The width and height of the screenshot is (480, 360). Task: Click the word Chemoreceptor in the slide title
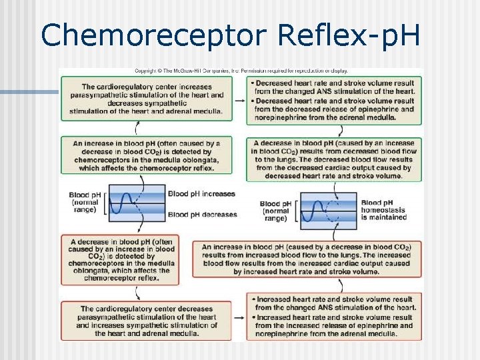pyautogui.click(x=135, y=35)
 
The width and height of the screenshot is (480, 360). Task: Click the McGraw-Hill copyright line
pyautogui.click(x=241, y=71)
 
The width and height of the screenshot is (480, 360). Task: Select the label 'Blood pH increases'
pyautogui.click(x=201, y=194)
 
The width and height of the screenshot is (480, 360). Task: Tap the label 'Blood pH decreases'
pyautogui.click(x=202, y=215)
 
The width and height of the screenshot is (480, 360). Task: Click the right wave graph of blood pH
pyautogui.click(x=329, y=207)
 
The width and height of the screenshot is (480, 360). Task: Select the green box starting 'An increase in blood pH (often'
pyautogui.click(x=147, y=155)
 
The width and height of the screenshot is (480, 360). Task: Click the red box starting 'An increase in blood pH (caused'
pyautogui.click(x=307, y=259)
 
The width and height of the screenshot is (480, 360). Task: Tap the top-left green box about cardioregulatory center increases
pyautogui.click(x=147, y=99)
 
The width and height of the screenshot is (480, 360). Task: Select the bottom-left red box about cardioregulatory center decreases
pyautogui.click(x=147, y=321)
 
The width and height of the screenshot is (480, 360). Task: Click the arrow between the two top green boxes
pyautogui.click(x=239, y=99)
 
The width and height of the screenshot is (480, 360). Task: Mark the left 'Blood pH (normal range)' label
pyautogui.click(x=85, y=202)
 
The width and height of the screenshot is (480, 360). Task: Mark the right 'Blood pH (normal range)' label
pyautogui.click(x=275, y=211)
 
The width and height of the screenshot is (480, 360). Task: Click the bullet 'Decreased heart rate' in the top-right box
pyautogui.click(x=334, y=87)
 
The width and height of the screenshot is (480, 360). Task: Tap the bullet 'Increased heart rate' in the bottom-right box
pyautogui.click(x=334, y=303)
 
